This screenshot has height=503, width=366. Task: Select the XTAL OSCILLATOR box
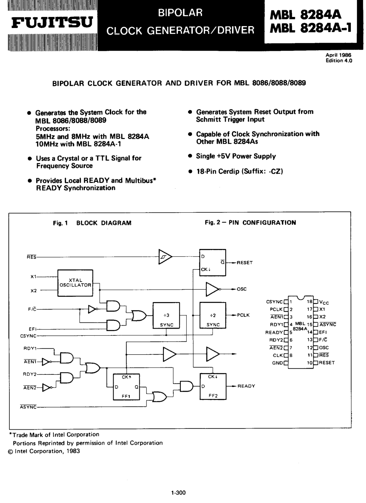75,283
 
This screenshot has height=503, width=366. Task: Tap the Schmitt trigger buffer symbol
165,257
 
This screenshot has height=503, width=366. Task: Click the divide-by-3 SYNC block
166,316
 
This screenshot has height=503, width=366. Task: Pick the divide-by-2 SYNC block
213,315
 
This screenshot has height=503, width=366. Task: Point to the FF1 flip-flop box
126,387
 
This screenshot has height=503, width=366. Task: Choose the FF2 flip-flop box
213,386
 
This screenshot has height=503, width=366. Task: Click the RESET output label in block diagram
245,263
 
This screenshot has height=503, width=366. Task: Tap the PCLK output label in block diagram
243,315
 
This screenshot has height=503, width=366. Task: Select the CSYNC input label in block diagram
28,336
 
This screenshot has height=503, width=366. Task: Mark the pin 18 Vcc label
324,302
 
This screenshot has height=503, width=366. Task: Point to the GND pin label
277,363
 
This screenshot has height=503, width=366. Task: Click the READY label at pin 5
274,332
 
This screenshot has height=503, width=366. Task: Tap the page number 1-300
178,493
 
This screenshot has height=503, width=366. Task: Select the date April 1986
338,55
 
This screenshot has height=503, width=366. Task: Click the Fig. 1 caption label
60,223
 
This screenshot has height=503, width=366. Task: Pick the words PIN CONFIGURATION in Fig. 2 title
262,223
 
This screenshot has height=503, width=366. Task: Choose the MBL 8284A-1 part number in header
310,28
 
